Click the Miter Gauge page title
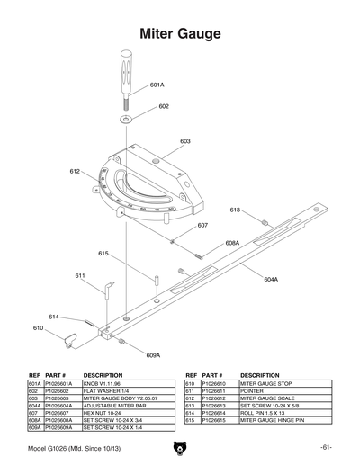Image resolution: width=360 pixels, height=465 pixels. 180,33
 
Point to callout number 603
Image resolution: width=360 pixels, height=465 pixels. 184,141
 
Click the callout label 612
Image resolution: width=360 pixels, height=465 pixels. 75,171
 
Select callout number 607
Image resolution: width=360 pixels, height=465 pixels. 202,227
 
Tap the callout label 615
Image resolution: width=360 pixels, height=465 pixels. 104,254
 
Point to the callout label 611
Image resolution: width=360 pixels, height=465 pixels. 80,275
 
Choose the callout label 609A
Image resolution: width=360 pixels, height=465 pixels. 153,355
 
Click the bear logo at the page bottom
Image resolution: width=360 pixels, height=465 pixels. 179,448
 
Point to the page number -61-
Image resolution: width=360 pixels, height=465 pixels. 325,447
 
